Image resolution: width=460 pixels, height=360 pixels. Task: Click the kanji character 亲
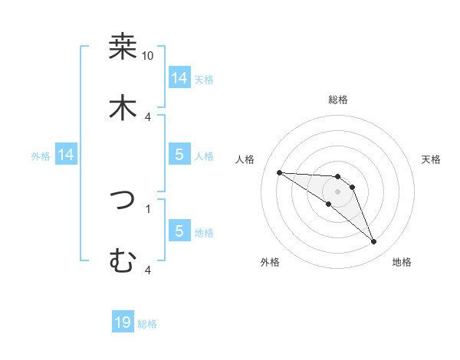pyautogui.click(x=123, y=47)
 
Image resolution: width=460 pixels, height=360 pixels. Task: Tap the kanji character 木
pyautogui.click(x=123, y=108)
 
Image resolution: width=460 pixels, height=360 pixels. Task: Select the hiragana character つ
pyautogui.click(x=123, y=200)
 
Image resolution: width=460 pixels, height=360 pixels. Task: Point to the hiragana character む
pyautogui.click(x=123, y=261)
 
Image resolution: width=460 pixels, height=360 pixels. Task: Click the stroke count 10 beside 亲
pyautogui.click(x=148, y=56)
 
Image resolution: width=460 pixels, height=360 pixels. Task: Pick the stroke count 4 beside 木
pyautogui.click(x=148, y=116)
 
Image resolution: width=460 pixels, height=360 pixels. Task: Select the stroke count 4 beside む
pyautogui.click(x=148, y=270)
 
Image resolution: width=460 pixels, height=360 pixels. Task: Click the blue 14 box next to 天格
pyautogui.click(x=179, y=78)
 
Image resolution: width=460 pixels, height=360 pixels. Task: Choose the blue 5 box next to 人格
pyautogui.click(x=179, y=155)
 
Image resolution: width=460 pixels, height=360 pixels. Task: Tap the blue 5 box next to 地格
pyautogui.click(x=179, y=231)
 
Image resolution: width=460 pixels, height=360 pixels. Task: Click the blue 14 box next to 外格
pyautogui.click(x=66, y=155)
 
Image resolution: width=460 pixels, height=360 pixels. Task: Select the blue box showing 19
pyautogui.click(x=123, y=322)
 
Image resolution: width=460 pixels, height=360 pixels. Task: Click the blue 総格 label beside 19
pyautogui.click(x=147, y=324)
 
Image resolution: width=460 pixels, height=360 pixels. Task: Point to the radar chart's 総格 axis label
pyautogui.click(x=338, y=100)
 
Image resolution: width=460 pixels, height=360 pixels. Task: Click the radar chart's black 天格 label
pyautogui.click(x=431, y=159)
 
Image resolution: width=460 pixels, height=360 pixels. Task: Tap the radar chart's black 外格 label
pyautogui.click(x=270, y=262)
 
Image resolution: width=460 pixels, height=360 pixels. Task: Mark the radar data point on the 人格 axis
pyautogui.click(x=279, y=172)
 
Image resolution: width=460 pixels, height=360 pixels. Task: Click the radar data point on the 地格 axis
pyautogui.click(x=373, y=242)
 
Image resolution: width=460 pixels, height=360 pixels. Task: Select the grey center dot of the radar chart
pyautogui.click(x=338, y=191)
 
